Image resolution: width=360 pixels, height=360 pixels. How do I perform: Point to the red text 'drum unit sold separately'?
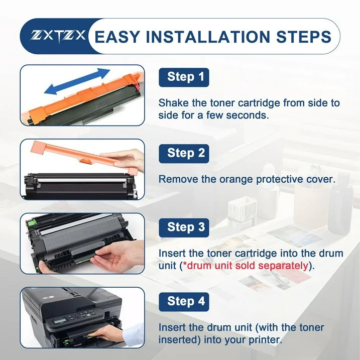[x=246, y=266]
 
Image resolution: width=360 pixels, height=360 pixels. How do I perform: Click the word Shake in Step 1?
[x=173, y=103]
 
